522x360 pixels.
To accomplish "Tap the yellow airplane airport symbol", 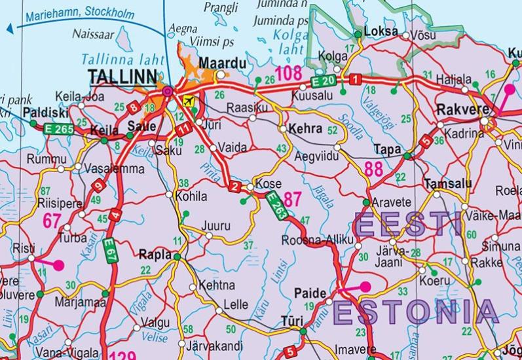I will [x=189, y=101].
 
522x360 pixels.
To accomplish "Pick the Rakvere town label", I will [x=458, y=108].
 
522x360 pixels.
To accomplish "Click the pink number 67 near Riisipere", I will [x=52, y=221].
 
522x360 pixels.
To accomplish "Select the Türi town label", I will [x=291, y=322].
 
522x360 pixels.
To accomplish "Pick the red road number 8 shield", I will [x=134, y=108].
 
